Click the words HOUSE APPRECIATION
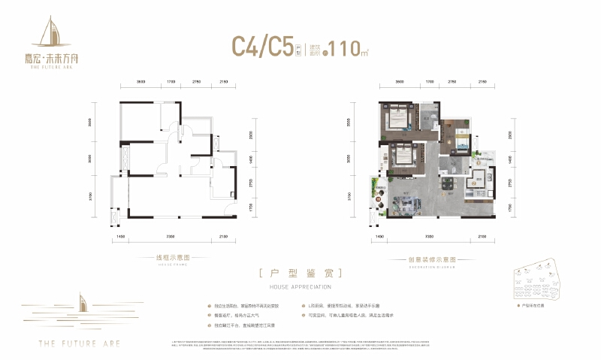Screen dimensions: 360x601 click(x=300, y=286)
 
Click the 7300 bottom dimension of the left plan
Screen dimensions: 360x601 click(x=171, y=237)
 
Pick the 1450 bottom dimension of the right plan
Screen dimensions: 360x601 click(x=379, y=237)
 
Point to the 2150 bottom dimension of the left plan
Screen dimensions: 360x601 click(x=223, y=237)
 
